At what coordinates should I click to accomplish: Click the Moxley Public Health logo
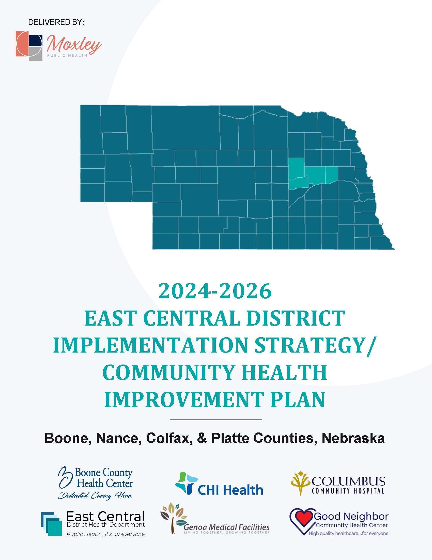[x=58, y=46]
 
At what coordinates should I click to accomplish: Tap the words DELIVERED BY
[x=56, y=22]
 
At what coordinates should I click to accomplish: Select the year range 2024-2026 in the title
[x=215, y=291]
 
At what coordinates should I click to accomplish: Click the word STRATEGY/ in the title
[x=316, y=345]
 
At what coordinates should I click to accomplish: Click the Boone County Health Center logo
[x=95, y=483]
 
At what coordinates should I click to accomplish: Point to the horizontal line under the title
[x=216, y=420]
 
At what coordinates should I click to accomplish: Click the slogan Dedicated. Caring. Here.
[x=95, y=495]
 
